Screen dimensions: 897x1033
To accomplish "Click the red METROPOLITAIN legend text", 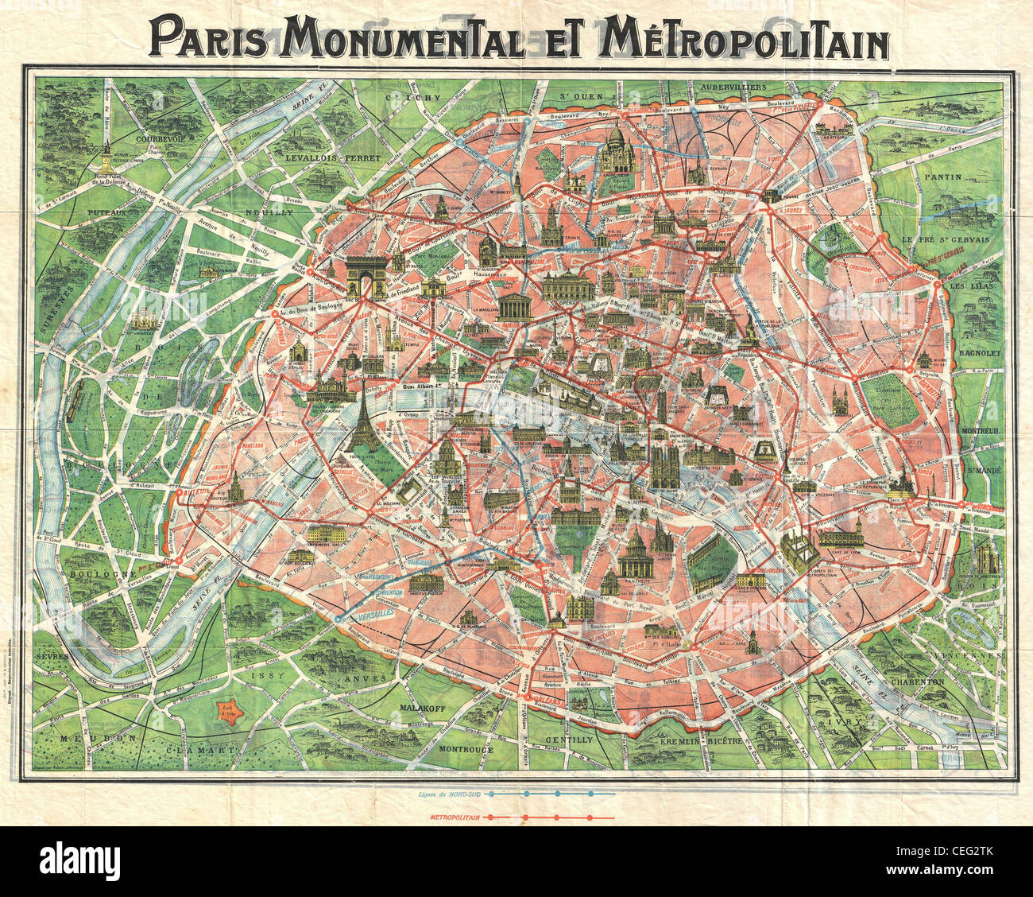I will coord(455,817).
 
